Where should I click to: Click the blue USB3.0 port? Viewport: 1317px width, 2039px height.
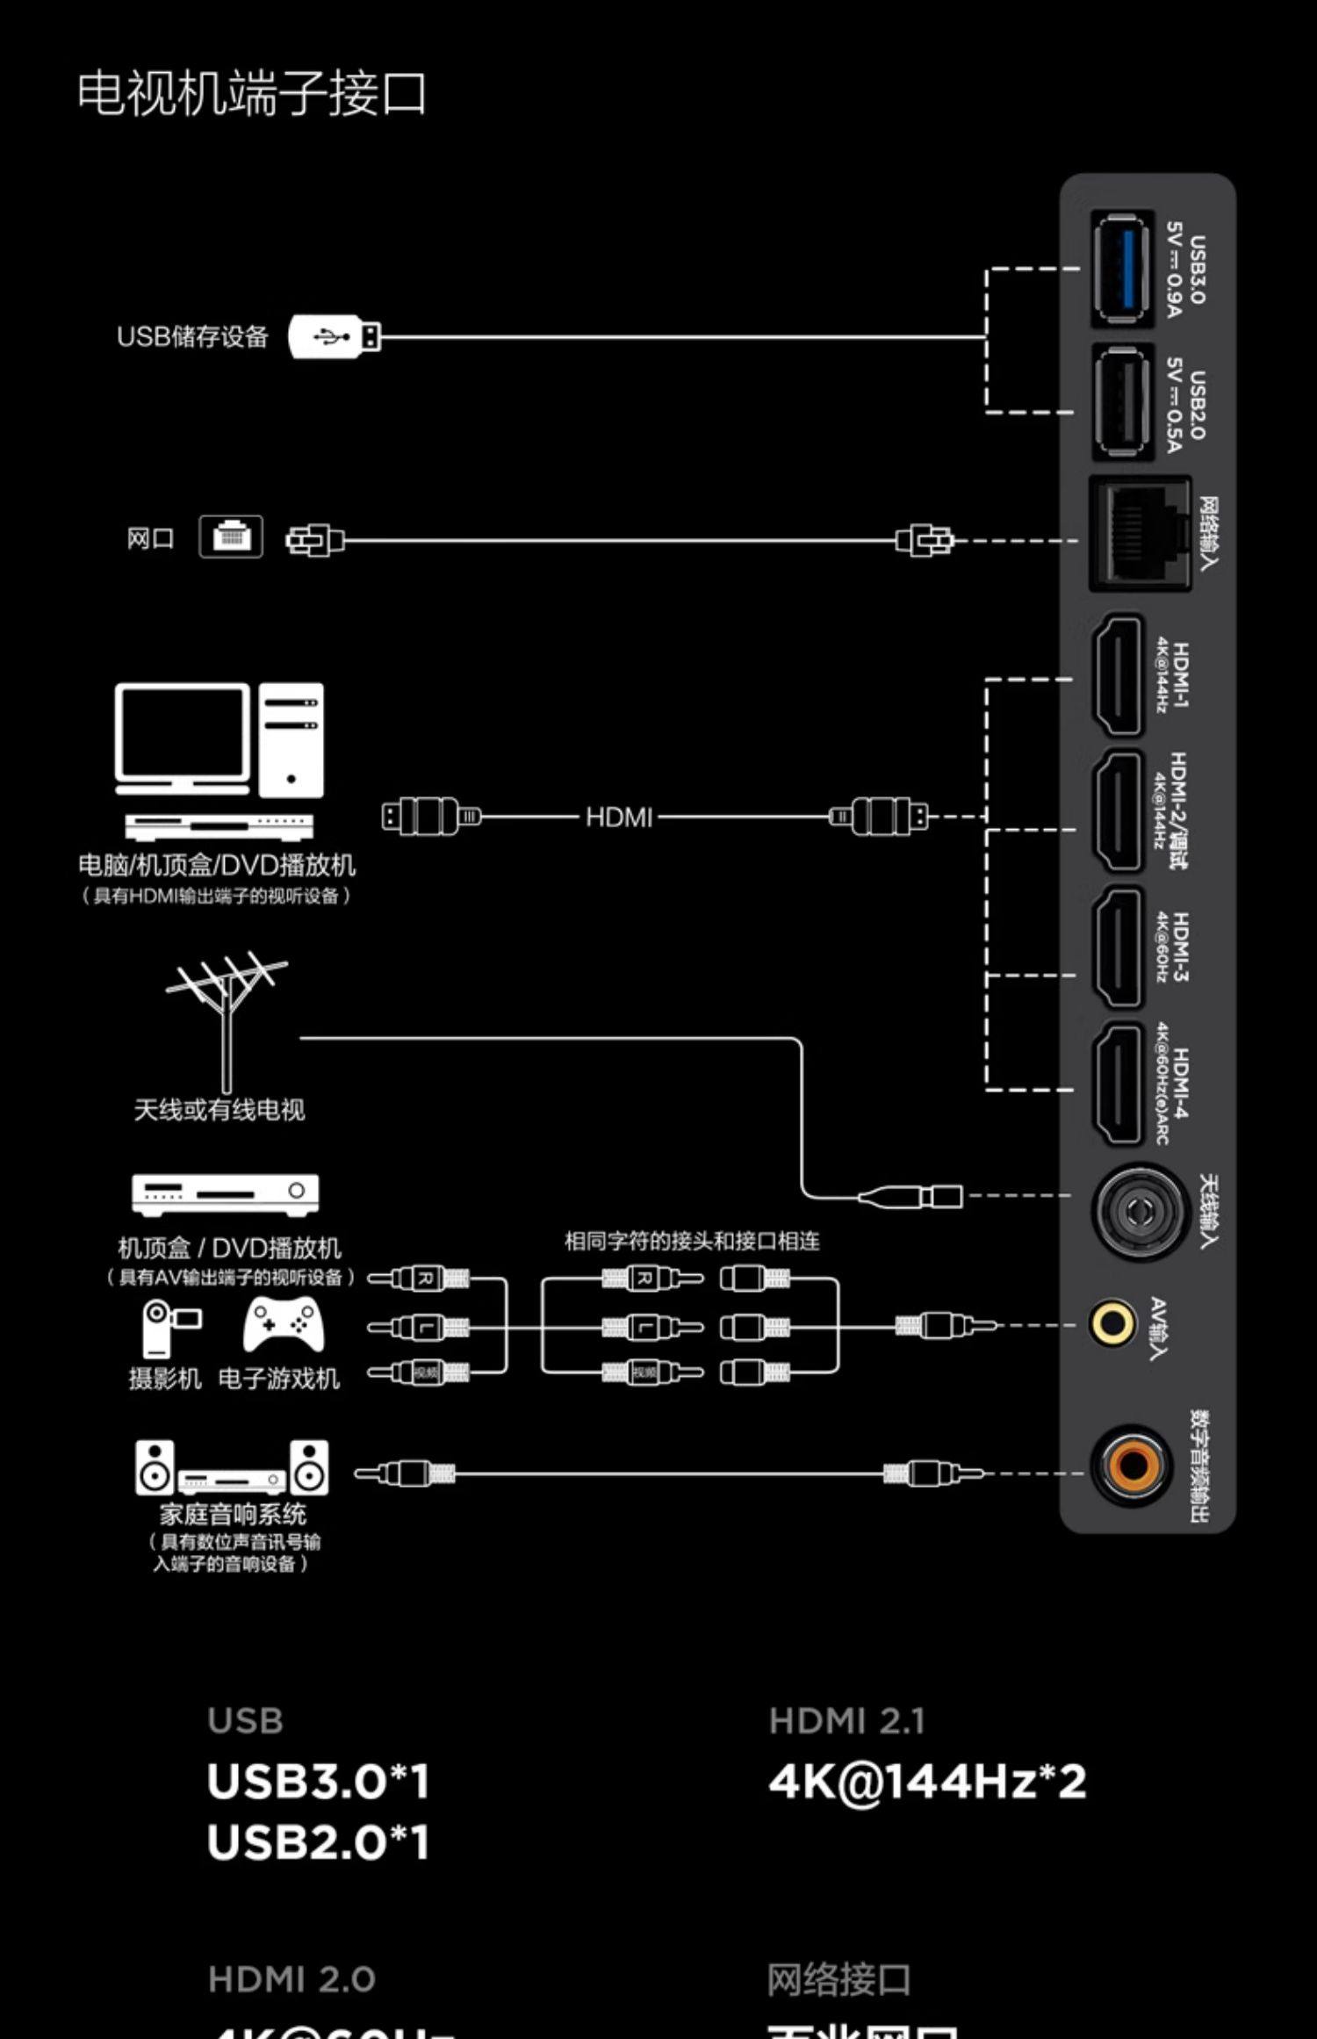(1122, 269)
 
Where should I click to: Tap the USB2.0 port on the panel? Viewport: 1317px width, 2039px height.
(1122, 402)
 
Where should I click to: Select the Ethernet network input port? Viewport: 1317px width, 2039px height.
(1140, 533)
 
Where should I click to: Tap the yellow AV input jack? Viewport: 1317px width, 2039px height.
(1112, 1322)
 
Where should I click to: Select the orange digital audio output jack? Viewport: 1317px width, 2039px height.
(1131, 1465)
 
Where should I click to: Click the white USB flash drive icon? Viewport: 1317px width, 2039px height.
(334, 336)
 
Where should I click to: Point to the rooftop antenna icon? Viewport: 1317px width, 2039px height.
(227, 1019)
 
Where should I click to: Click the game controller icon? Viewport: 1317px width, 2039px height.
(283, 1324)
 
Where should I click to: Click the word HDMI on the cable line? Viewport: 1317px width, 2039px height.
(619, 818)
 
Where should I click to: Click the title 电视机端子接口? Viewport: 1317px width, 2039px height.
(251, 94)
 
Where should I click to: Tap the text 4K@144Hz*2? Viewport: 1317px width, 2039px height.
(927, 1782)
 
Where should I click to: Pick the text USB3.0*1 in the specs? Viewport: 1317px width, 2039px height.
(318, 1782)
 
